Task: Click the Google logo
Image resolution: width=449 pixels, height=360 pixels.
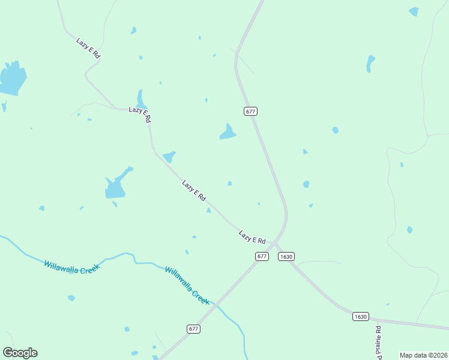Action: point(20,353)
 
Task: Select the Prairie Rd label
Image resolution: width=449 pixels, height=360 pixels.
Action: point(379,343)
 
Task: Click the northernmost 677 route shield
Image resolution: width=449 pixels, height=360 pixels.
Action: point(251,111)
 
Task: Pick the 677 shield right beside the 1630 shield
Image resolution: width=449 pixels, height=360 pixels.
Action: point(262,256)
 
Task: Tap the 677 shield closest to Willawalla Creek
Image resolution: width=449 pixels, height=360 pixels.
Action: point(193,329)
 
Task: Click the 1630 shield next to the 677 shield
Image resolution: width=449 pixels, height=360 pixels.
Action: point(286,256)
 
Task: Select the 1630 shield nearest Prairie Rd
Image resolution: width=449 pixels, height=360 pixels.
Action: point(360,316)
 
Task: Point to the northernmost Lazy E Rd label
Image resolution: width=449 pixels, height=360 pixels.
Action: point(88,48)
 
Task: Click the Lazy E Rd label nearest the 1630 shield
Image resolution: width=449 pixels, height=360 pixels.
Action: point(252,237)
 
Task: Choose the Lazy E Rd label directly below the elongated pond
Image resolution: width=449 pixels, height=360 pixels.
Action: point(140,114)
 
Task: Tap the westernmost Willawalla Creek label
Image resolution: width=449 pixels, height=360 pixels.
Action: point(70,265)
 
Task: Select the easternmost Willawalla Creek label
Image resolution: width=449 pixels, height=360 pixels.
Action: point(187,286)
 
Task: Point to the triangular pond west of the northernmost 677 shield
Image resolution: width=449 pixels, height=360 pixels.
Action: point(228,133)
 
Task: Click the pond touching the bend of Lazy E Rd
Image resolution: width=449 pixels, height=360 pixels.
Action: point(169,157)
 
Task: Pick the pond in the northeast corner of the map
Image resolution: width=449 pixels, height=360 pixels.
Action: point(414,11)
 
